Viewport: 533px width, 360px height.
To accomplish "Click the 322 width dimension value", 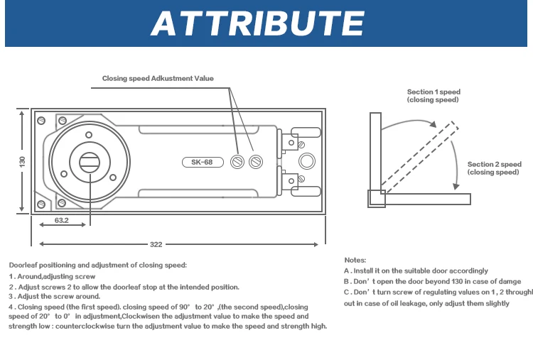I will coord(156,244).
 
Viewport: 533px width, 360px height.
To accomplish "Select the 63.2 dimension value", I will coord(61,221).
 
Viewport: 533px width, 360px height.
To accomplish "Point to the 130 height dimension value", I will coord(22,161).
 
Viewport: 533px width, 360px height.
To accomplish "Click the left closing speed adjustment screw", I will coord(238,162).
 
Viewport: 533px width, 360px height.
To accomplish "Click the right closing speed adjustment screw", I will coord(255,162).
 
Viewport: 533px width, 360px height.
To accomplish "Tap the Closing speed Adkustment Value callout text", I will coord(158,78).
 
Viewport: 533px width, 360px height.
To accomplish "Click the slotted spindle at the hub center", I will coord(90,162).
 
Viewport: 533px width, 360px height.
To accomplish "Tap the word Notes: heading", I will coord(355,261).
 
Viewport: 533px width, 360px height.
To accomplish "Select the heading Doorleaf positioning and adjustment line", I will coord(98,265).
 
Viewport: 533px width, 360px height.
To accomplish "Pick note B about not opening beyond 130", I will coord(432,281).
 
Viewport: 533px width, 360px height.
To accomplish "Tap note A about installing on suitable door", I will coord(416,271).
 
